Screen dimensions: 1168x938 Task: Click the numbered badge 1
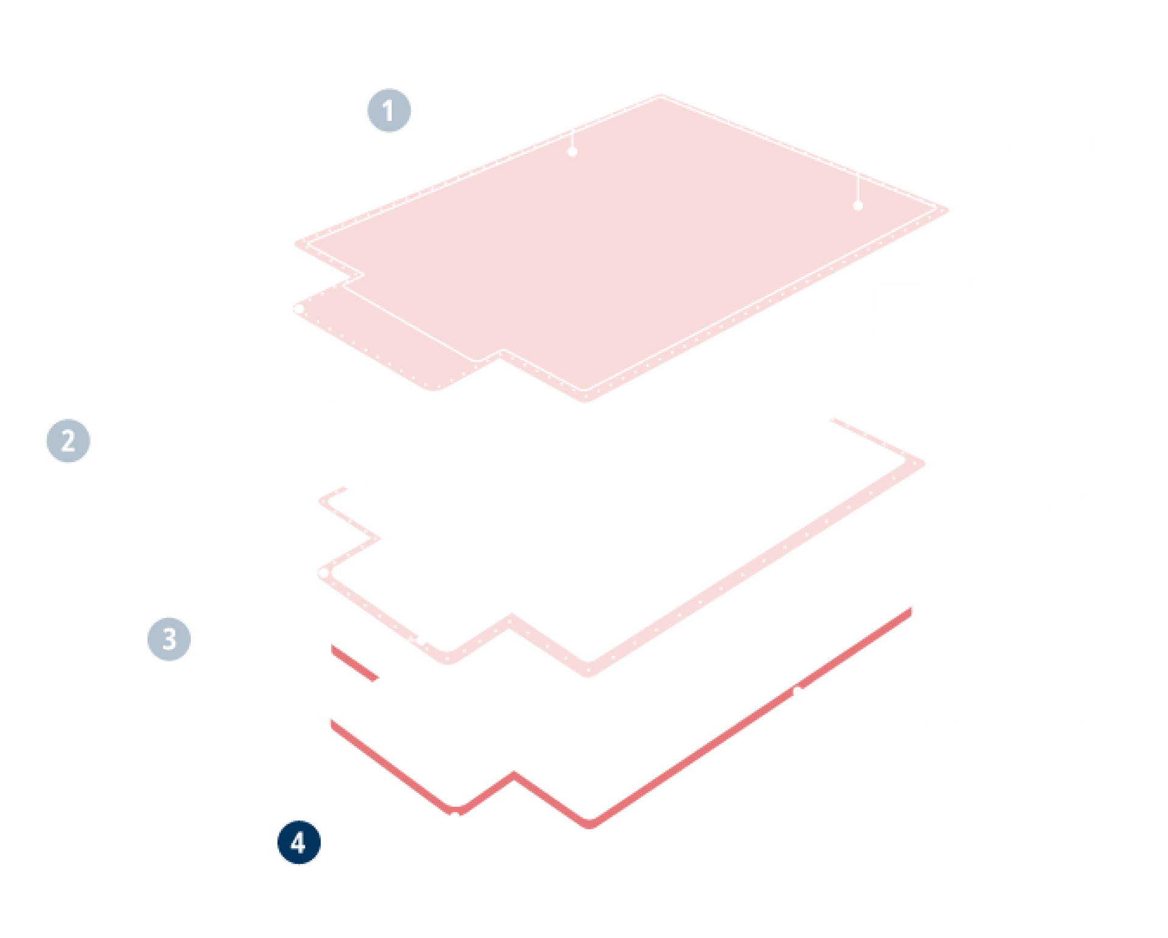389,110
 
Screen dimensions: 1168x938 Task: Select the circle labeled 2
68,440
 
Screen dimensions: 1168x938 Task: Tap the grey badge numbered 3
169,639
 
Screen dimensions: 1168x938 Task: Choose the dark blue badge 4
299,842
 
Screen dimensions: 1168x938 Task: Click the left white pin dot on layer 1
572,151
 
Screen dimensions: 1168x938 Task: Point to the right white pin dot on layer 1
858,206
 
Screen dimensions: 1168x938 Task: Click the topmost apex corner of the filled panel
661,96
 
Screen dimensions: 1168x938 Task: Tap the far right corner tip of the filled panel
947,210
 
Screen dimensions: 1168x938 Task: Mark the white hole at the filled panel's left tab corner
299,309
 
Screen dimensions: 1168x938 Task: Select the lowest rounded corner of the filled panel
584,399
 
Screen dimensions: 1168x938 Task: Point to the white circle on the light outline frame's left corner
324,573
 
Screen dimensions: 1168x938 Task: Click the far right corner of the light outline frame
922,464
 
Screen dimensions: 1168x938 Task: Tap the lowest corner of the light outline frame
588,672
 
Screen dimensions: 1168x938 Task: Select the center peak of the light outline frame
511,617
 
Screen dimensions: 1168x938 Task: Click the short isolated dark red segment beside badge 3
355,662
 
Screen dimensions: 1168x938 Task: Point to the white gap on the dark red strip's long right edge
798,691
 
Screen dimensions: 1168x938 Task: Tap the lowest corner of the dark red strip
589,825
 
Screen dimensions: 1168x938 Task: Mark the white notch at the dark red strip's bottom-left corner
455,813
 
